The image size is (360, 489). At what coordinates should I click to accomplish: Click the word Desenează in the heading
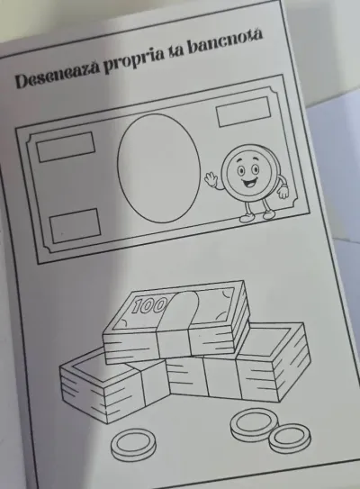(58, 73)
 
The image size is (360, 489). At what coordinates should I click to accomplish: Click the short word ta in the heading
(176, 51)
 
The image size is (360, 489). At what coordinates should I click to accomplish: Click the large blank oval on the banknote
(159, 168)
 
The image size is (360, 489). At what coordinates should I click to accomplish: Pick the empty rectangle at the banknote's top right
(243, 112)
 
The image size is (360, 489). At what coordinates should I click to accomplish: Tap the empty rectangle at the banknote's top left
(66, 147)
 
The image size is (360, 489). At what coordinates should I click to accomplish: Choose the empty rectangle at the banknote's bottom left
(76, 226)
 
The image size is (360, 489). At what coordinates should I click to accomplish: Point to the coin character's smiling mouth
(250, 183)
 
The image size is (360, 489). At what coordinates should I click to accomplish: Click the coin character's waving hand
(211, 179)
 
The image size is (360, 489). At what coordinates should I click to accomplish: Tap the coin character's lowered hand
(283, 192)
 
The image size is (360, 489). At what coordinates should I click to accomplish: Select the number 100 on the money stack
(149, 305)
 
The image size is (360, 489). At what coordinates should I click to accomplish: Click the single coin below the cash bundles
(133, 445)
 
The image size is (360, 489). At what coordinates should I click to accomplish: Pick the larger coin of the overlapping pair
(254, 424)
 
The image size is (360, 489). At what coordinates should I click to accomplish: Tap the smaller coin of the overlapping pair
(290, 439)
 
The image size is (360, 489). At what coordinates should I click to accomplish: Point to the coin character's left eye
(241, 170)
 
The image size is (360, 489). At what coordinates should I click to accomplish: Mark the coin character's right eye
(256, 169)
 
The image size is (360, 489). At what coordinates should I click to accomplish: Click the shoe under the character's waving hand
(247, 217)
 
